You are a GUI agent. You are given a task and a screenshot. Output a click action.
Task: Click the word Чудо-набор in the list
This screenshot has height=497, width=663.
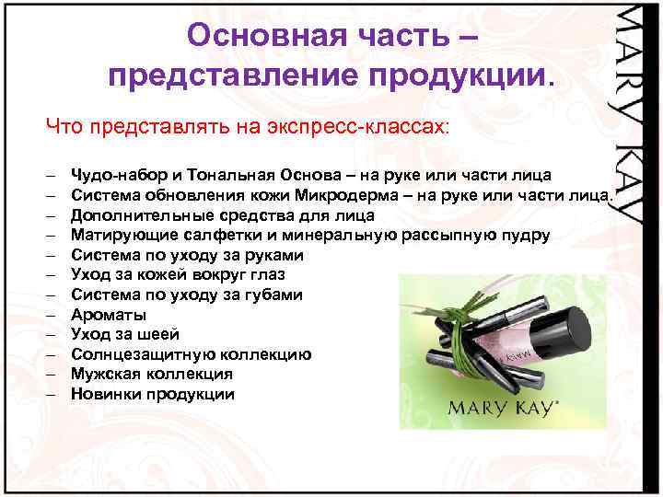point(116,175)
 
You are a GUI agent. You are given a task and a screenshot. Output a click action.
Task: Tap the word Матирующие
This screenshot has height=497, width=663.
point(120,235)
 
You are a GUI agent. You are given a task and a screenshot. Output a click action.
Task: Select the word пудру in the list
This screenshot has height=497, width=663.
point(525,235)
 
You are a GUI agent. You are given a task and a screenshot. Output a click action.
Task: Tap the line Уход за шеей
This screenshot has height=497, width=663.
point(125,334)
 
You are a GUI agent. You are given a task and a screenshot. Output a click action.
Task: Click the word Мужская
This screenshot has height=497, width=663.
point(110,374)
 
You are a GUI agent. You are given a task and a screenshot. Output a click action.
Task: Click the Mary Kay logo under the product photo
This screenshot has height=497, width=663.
point(501,409)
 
